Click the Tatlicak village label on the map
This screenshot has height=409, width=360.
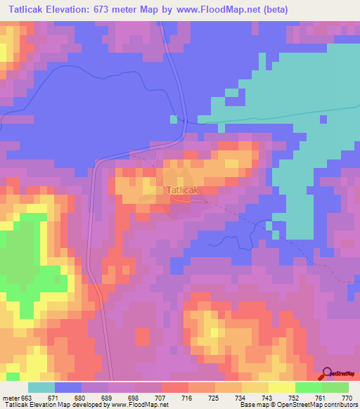point(184,190)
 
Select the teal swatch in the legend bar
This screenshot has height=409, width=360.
point(41,387)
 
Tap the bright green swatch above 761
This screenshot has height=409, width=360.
point(308,387)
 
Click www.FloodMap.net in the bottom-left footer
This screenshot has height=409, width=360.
point(139,405)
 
